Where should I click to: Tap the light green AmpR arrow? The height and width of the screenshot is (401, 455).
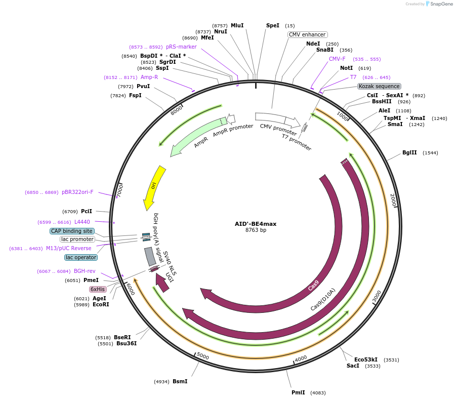tap(197, 136)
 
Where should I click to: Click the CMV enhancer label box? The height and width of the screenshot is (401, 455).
tap(307, 34)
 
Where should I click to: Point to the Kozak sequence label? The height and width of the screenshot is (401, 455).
tap(379, 86)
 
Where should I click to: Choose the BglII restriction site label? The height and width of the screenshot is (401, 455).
tap(409, 152)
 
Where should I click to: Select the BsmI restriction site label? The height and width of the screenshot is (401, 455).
tap(180, 381)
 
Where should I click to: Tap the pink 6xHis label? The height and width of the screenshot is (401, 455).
tap(98, 289)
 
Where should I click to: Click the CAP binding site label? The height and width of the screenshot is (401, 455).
tap(71, 231)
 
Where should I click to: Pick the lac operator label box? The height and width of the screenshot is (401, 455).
tap(81, 257)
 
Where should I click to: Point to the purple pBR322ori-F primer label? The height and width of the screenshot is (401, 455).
tap(77, 192)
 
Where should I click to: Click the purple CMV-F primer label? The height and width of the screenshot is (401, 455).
tap(337, 59)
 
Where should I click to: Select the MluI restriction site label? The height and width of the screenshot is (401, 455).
tap(237, 25)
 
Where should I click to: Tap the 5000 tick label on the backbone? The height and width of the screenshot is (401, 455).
tap(202, 356)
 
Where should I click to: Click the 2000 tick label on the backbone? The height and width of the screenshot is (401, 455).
tap(393, 200)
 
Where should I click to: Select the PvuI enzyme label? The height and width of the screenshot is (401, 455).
tap(143, 87)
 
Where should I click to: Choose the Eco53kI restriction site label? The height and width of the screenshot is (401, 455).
tap(365, 359)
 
